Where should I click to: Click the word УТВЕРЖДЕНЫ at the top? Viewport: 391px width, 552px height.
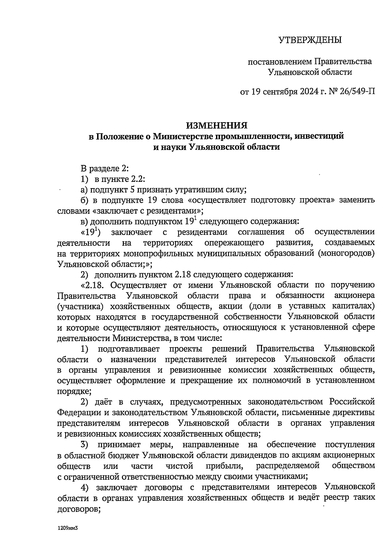click(x=310, y=40)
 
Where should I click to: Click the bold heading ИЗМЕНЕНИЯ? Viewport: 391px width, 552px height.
click(x=216, y=126)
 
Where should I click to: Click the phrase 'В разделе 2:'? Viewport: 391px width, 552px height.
click(x=105, y=169)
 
